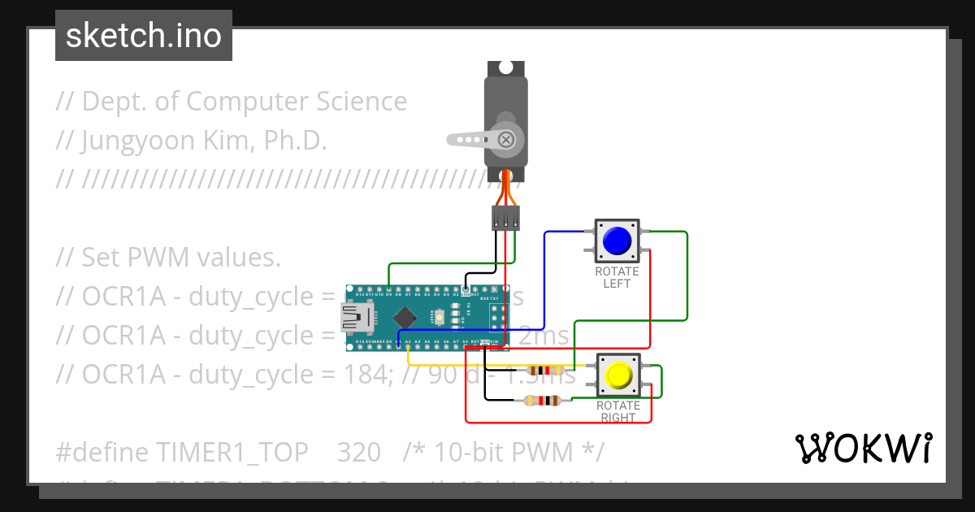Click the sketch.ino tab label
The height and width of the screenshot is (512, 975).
click(x=144, y=36)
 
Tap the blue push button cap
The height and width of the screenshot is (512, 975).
click(x=617, y=240)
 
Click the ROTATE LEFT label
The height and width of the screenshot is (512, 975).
click(x=617, y=277)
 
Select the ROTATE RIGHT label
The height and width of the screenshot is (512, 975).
click(x=618, y=411)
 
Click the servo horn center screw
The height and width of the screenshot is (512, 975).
click(x=507, y=139)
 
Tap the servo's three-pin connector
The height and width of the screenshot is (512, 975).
click(x=505, y=218)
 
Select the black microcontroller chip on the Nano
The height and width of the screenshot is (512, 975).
click(x=404, y=317)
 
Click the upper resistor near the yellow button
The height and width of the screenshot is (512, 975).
click(x=545, y=370)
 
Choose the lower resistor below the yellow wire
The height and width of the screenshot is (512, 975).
click(x=542, y=400)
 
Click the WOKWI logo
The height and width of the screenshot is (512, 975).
click(x=863, y=448)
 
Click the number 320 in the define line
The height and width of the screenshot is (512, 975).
click(x=358, y=451)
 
